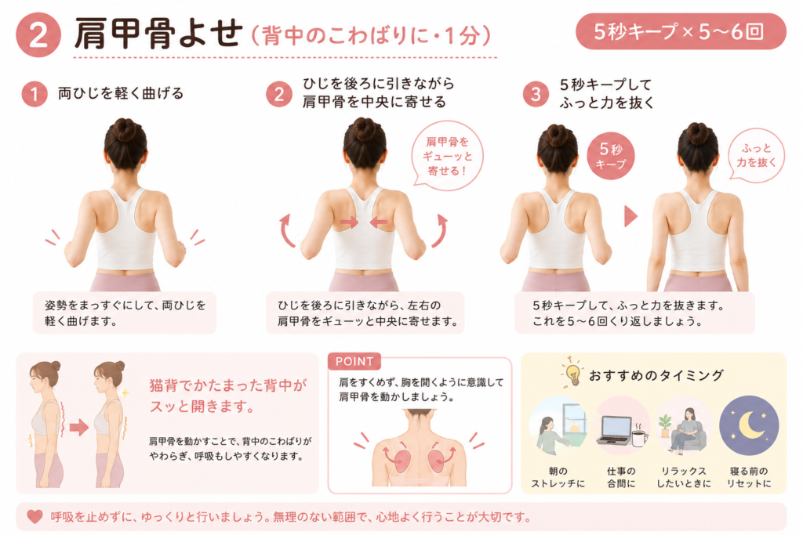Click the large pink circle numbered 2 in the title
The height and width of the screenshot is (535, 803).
tap(38, 34)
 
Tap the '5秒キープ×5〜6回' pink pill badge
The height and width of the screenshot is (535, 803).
tap(681, 31)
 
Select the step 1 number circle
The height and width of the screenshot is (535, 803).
tap(35, 94)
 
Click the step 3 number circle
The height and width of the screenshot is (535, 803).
tap(536, 94)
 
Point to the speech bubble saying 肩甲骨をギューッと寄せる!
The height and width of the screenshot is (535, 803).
tap(447, 156)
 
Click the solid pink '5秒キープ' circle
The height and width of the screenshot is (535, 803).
tap(610, 156)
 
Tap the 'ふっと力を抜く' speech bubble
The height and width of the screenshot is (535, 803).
tap(757, 155)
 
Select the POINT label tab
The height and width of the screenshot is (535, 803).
tap(354, 361)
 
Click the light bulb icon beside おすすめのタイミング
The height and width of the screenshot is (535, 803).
tap(572, 372)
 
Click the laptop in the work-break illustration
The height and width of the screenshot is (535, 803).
tap(615, 431)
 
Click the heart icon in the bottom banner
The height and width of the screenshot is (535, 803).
tap(35, 516)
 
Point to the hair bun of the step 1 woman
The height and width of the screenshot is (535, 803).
tap(125, 128)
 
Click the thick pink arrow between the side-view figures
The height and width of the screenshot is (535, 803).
tap(79, 427)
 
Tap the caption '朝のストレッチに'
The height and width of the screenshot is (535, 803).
tap(558, 477)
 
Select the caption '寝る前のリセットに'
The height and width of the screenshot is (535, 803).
tap(749, 477)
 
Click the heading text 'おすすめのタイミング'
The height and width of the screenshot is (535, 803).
tap(656, 375)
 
